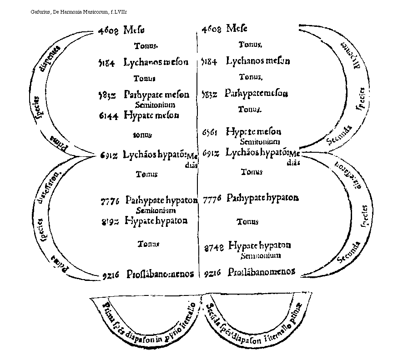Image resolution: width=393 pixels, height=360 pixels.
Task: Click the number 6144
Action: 108,116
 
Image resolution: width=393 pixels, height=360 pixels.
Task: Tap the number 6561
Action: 210,132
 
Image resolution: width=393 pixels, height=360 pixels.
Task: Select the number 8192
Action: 109,221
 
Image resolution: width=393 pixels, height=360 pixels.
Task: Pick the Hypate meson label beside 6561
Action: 254,132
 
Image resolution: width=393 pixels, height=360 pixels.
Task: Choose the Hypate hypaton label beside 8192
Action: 156,220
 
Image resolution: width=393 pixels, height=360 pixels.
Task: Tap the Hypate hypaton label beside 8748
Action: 260,245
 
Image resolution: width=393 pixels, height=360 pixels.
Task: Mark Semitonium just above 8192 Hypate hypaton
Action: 156,210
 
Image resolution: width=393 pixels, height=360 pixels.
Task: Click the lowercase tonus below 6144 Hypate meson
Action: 142,135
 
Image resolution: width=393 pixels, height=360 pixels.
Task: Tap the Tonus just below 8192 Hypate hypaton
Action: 148,244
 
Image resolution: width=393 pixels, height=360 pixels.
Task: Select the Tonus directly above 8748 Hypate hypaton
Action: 247,222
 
